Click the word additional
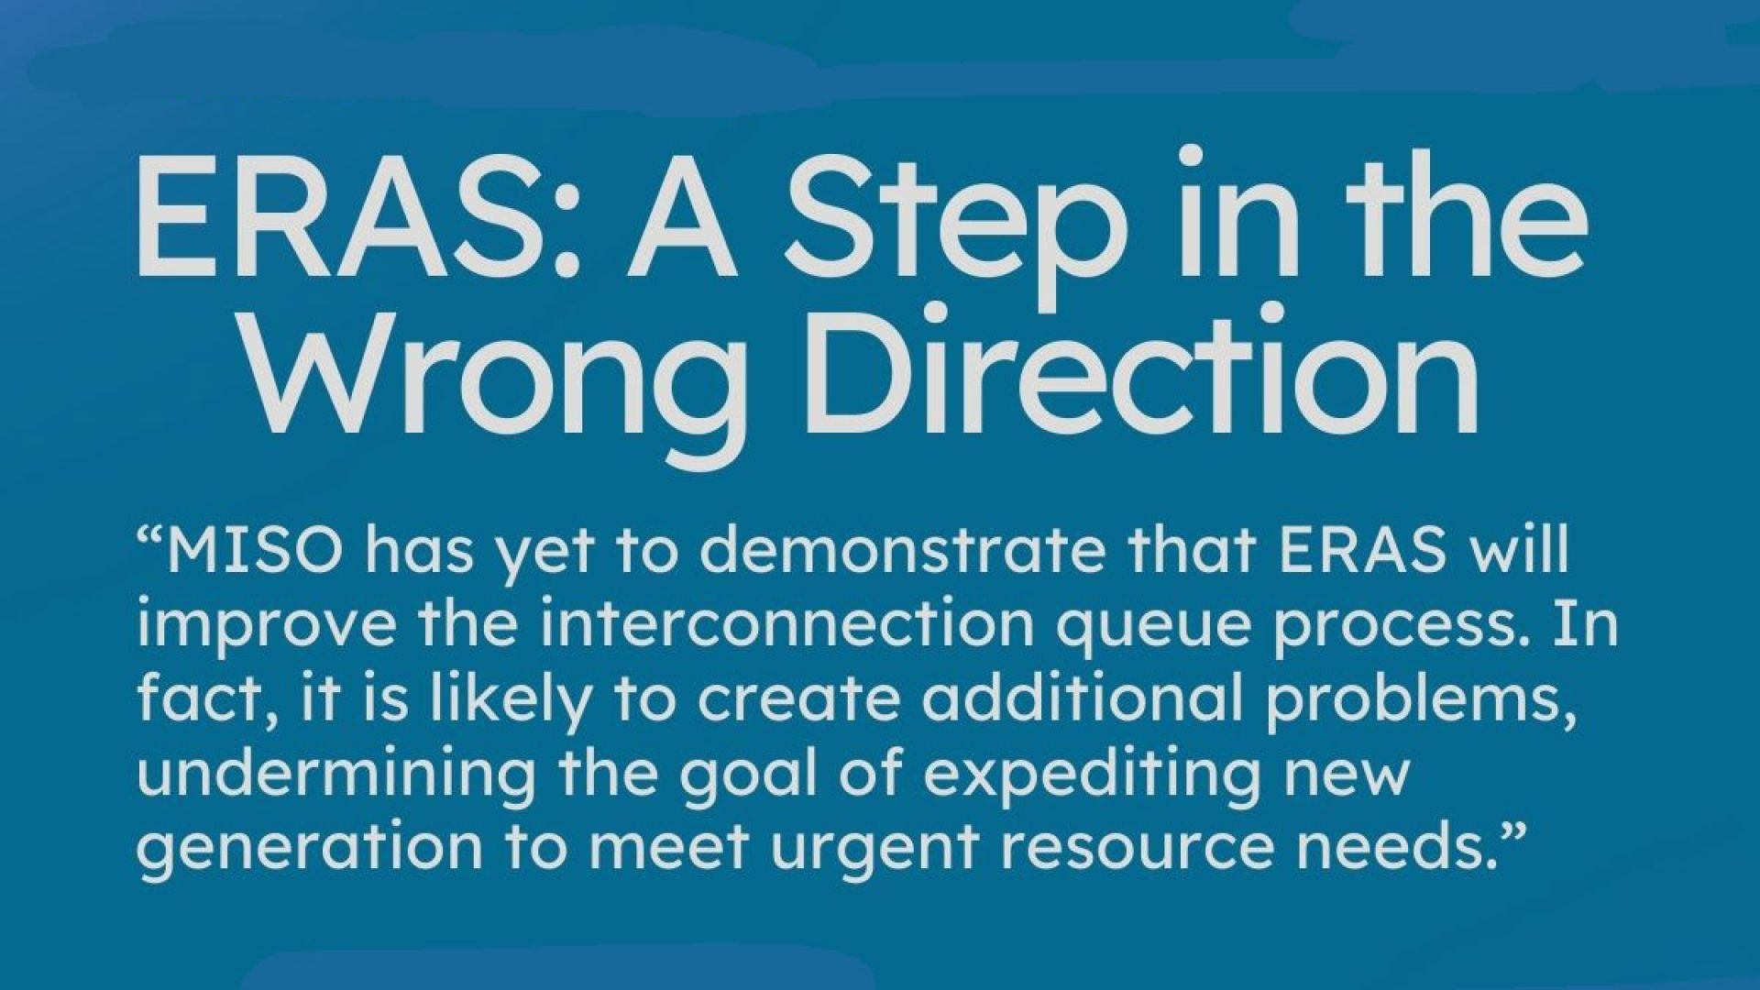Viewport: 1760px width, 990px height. [x=1078, y=698]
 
